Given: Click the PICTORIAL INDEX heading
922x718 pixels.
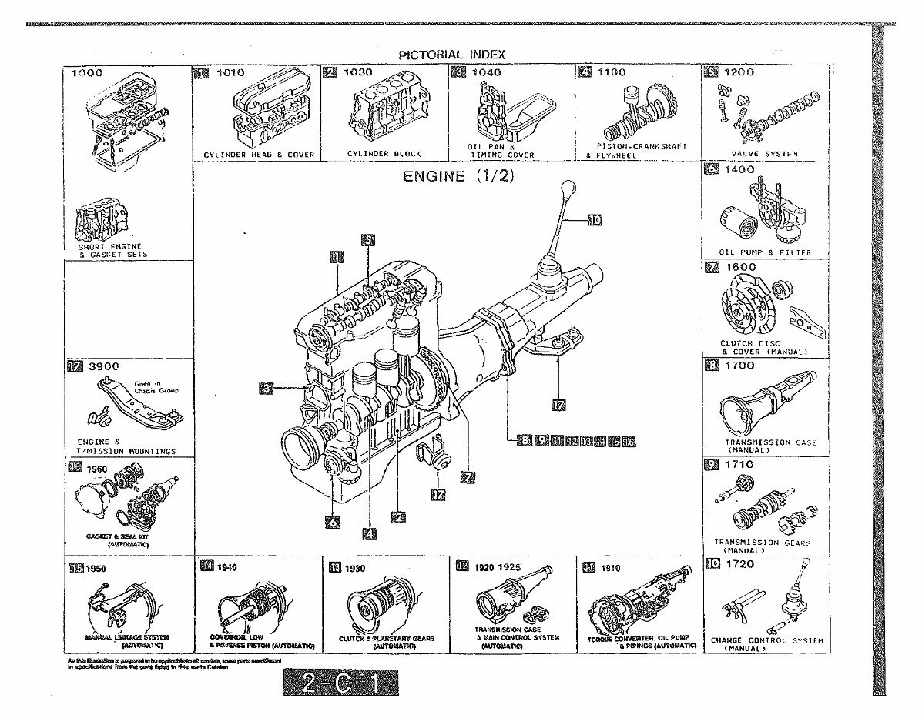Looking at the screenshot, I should (451, 54).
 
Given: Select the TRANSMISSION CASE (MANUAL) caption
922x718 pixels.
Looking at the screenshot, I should (769, 446).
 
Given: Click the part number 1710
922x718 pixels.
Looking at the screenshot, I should (738, 465).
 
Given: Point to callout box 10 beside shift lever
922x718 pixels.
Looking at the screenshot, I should (594, 220).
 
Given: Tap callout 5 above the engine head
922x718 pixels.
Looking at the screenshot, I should (368, 240).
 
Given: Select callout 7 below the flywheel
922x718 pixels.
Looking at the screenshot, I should (467, 476).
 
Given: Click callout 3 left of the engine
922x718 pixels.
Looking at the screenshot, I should (266, 389).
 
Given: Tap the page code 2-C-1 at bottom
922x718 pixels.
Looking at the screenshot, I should (340, 684).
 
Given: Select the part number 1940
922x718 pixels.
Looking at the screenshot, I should (226, 567).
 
